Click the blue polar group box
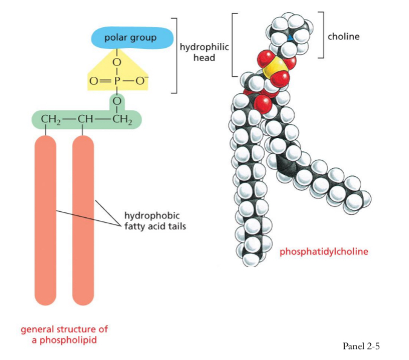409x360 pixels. point(130,38)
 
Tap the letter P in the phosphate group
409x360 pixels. point(118,81)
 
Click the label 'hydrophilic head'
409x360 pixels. point(203,52)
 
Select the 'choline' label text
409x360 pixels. point(343,37)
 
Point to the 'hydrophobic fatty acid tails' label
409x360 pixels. point(151,220)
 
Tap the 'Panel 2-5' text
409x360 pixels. point(361,346)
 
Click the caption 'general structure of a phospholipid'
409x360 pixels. point(65,335)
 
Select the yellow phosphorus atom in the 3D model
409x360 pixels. point(273,71)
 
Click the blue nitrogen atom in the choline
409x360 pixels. point(291,38)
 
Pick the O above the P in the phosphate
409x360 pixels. point(118,62)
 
